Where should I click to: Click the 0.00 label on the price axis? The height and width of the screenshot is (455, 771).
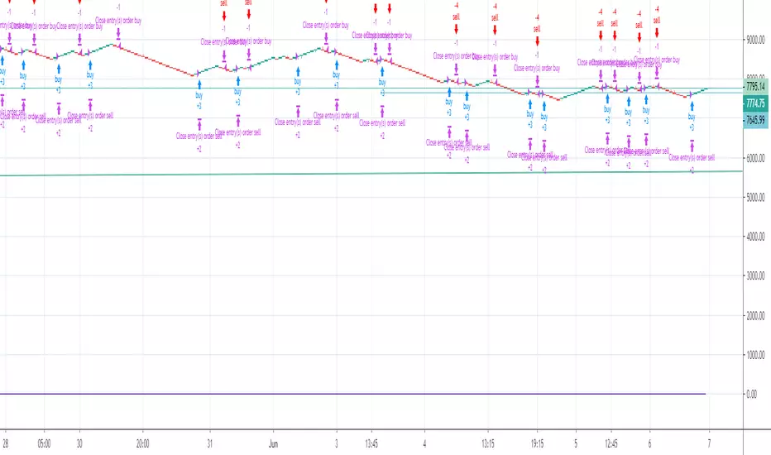pos(751,395)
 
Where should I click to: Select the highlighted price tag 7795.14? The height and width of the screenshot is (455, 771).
pos(754,85)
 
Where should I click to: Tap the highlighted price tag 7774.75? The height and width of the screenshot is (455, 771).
pos(754,103)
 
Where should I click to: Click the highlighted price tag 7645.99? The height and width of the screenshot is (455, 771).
pos(754,119)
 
